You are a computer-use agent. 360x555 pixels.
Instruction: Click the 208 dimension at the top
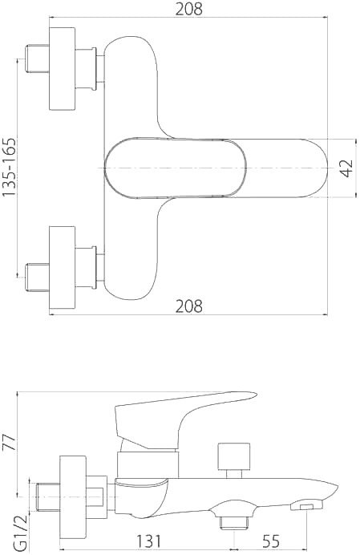pyautogui.click(x=188, y=9)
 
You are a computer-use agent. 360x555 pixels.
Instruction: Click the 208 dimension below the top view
pyautogui.click(x=188, y=306)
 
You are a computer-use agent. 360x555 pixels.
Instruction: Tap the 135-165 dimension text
pyautogui.click(x=9, y=167)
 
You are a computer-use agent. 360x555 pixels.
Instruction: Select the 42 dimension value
pyautogui.click(x=348, y=168)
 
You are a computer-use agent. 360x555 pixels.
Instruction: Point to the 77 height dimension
pyautogui.click(x=9, y=443)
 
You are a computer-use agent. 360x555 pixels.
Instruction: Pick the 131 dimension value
pyautogui.click(x=148, y=541)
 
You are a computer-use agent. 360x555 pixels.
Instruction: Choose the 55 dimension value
pyautogui.click(x=271, y=541)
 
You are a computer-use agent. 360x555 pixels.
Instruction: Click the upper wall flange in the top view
pyautogui.click(x=62, y=68)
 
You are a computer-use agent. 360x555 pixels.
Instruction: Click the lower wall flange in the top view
pyautogui.click(x=62, y=267)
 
